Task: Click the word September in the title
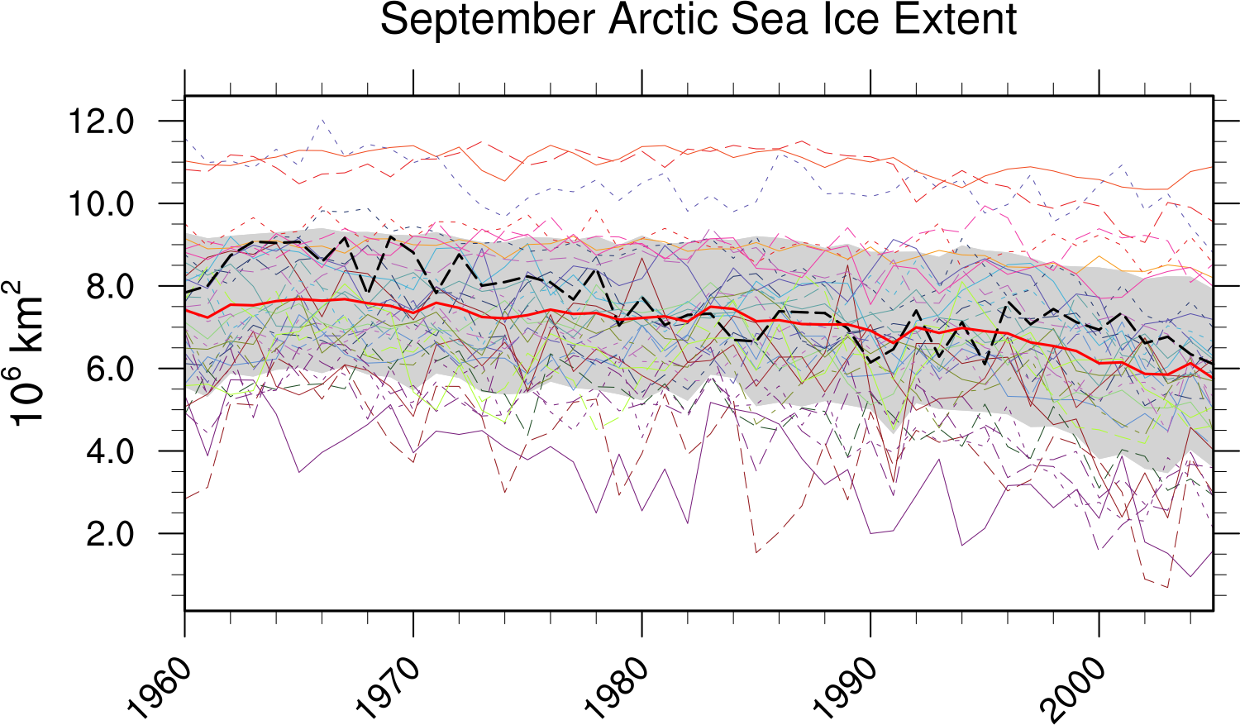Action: pos(487,20)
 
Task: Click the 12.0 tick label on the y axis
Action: pos(101,122)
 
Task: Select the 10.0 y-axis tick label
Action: pos(101,204)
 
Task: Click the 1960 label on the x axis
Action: pos(160,688)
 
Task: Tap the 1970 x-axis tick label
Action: pos(389,688)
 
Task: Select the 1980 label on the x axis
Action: pos(617,688)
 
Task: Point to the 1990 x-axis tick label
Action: pos(846,688)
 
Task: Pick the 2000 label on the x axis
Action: pos(1074,688)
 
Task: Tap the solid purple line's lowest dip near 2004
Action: pos(1190,576)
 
